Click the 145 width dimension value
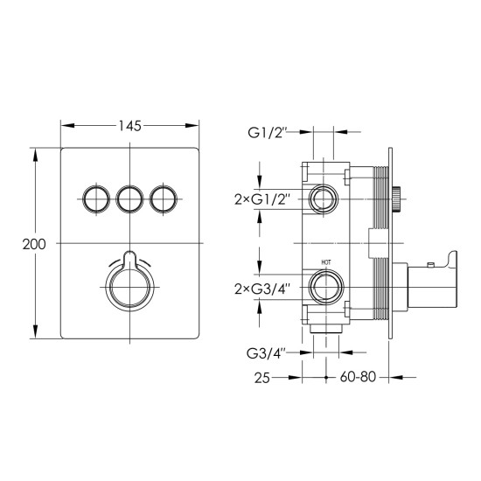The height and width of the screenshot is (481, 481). pyautogui.click(x=129, y=126)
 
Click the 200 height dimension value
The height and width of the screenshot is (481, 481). pyautogui.click(x=34, y=245)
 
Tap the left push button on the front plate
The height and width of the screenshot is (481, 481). pyautogui.click(x=96, y=199)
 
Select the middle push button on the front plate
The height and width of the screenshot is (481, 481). pyautogui.click(x=129, y=199)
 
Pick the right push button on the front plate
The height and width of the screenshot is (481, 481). pyautogui.click(x=164, y=199)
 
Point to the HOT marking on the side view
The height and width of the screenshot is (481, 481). pyautogui.click(x=326, y=262)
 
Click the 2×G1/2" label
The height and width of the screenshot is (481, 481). pyautogui.click(x=262, y=200)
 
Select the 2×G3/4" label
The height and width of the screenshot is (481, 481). pyautogui.click(x=262, y=289)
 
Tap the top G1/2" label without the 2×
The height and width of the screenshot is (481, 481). pyautogui.click(x=267, y=133)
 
